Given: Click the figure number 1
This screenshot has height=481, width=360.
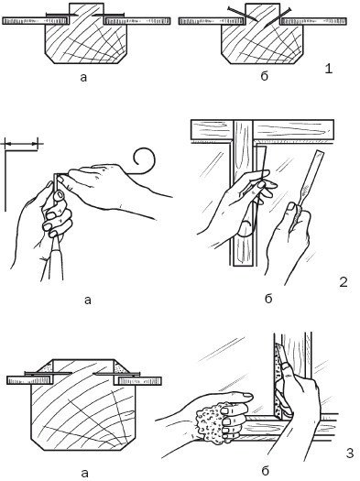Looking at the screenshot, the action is (x=328, y=69).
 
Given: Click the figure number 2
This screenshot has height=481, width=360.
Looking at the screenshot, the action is (x=344, y=281).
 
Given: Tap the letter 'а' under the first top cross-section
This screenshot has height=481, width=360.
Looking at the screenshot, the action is (x=83, y=78).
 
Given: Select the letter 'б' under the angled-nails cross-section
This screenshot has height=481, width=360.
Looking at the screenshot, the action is (x=264, y=76).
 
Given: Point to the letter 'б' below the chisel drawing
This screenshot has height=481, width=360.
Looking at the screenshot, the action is (x=268, y=298).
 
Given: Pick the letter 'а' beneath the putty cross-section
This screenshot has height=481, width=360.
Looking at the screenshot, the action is (x=85, y=473).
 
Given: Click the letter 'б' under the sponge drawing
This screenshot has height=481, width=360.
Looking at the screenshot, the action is (x=266, y=470).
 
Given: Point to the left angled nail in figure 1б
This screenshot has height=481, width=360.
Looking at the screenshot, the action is (x=242, y=14).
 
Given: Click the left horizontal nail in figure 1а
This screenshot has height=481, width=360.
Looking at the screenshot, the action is (x=58, y=14).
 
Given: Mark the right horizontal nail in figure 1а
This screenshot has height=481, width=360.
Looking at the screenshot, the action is (x=108, y=14).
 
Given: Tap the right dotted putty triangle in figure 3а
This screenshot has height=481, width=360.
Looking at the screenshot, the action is (x=122, y=367).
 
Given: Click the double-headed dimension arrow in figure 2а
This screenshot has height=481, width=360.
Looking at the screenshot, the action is (x=21, y=143).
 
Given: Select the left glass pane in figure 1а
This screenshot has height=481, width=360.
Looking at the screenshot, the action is (x=35, y=21).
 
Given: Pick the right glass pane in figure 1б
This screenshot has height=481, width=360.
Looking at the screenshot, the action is (x=313, y=21).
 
